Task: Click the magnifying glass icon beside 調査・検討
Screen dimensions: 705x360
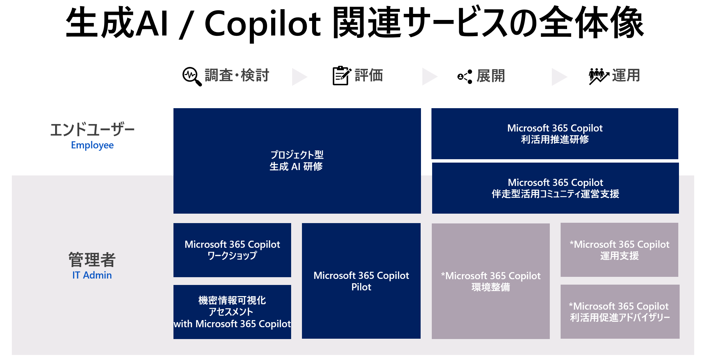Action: click(x=192, y=76)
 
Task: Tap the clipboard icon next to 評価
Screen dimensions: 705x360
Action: click(x=341, y=75)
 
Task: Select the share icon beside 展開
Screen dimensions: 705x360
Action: click(x=465, y=77)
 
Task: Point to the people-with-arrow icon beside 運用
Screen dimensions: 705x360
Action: click(x=598, y=76)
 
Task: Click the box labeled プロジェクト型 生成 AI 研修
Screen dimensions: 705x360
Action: click(x=297, y=161)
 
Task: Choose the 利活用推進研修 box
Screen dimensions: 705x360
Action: click(x=555, y=134)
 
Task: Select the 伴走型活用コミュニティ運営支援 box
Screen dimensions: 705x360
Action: click(x=555, y=188)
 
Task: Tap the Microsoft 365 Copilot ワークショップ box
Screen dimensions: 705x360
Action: click(x=232, y=250)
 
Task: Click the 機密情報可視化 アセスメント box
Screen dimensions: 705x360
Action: click(x=232, y=312)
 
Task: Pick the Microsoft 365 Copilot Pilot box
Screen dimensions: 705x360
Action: click(x=361, y=281)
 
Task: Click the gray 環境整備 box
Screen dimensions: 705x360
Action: click(x=491, y=281)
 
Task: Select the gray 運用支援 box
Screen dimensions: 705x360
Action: click(x=619, y=250)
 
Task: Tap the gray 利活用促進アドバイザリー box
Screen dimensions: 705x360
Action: click(x=620, y=312)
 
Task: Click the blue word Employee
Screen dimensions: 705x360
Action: click(x=92, y=145)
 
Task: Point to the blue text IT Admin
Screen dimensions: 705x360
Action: click(x=92, y=275)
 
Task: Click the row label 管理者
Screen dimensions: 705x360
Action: click(x=92, y=260)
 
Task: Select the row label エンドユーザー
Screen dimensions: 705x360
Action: click(x=92, y=129)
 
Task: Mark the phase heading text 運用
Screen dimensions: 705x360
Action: click(x=626, y=75)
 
